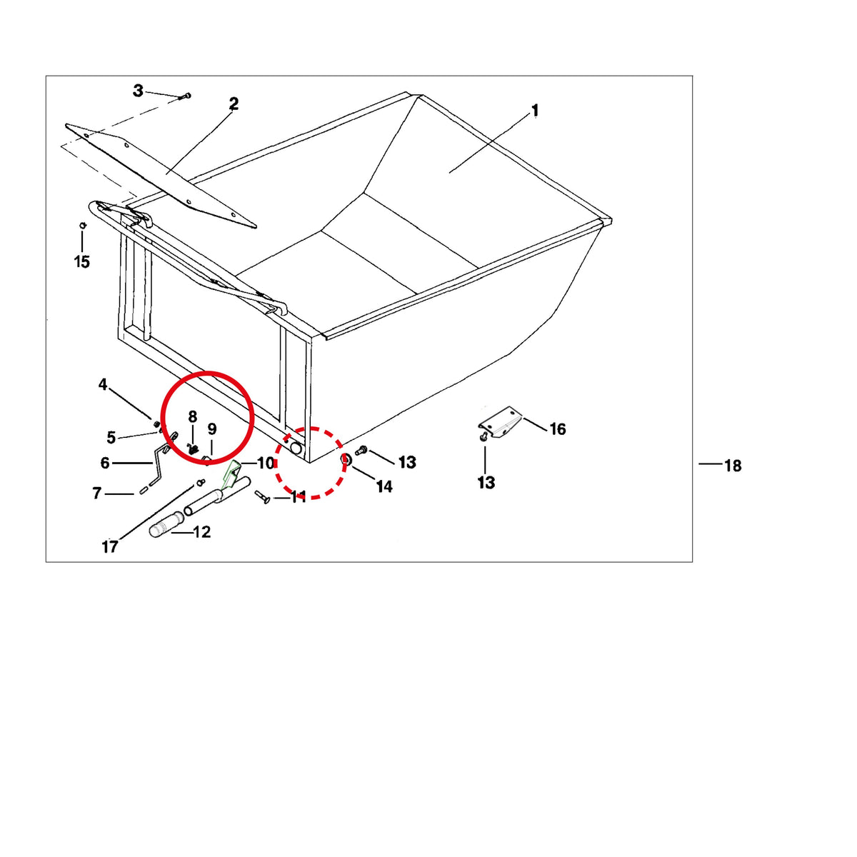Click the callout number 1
535,111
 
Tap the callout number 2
234,104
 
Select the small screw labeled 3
186,96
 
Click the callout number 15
82,261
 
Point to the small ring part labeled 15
82,226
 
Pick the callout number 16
558,429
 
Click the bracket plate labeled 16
501,423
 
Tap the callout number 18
733,466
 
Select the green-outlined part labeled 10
231,474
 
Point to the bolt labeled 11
262,497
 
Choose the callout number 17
110,546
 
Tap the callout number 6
105,463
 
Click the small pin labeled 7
144,491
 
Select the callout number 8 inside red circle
192,416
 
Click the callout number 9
212,429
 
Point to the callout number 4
103,384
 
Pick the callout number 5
111,437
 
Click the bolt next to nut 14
361,451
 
